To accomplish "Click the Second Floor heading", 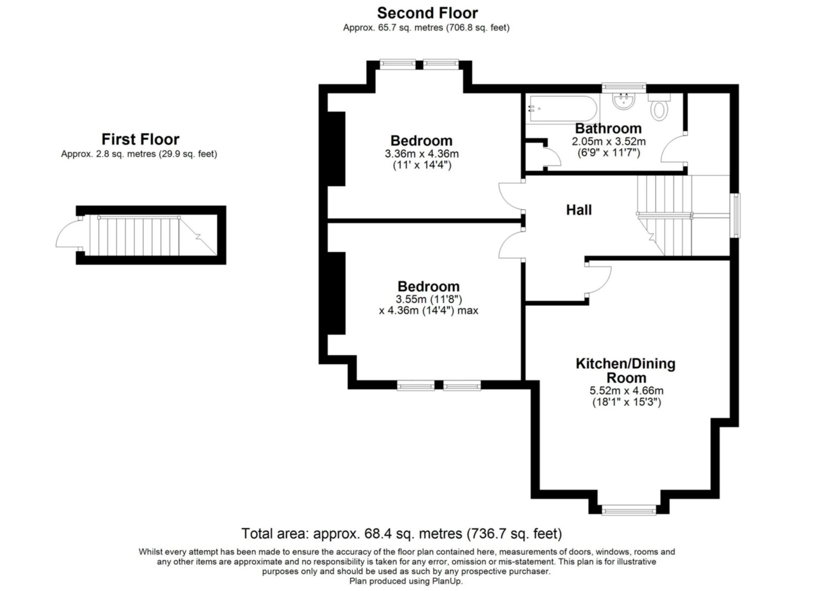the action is pyautogui.click(x=427, y=13).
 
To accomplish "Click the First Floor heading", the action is pyautogui.click(x=140, y=139).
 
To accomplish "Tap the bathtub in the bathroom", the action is pyautogui.click(x=563, y=108).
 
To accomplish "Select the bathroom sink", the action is pyautogui.click(x=624, y=101).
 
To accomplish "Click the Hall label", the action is pyautogui.click(x=579, y=210).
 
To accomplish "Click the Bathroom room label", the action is pyautogui.click(x=608, y=128).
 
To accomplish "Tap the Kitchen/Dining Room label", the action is pyautogui.click(x=626, y=370).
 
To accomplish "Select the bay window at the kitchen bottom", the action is pyautogui.click(x=629, y=510).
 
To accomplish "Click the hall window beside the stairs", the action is pyautogui.click(x=735, y=215).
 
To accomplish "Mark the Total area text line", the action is pyautogui.click(x=401, y=534).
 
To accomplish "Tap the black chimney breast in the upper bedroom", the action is pyautogui.click(x=336, y=149).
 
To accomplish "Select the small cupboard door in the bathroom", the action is pyautogui.click(x=552, y=156).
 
